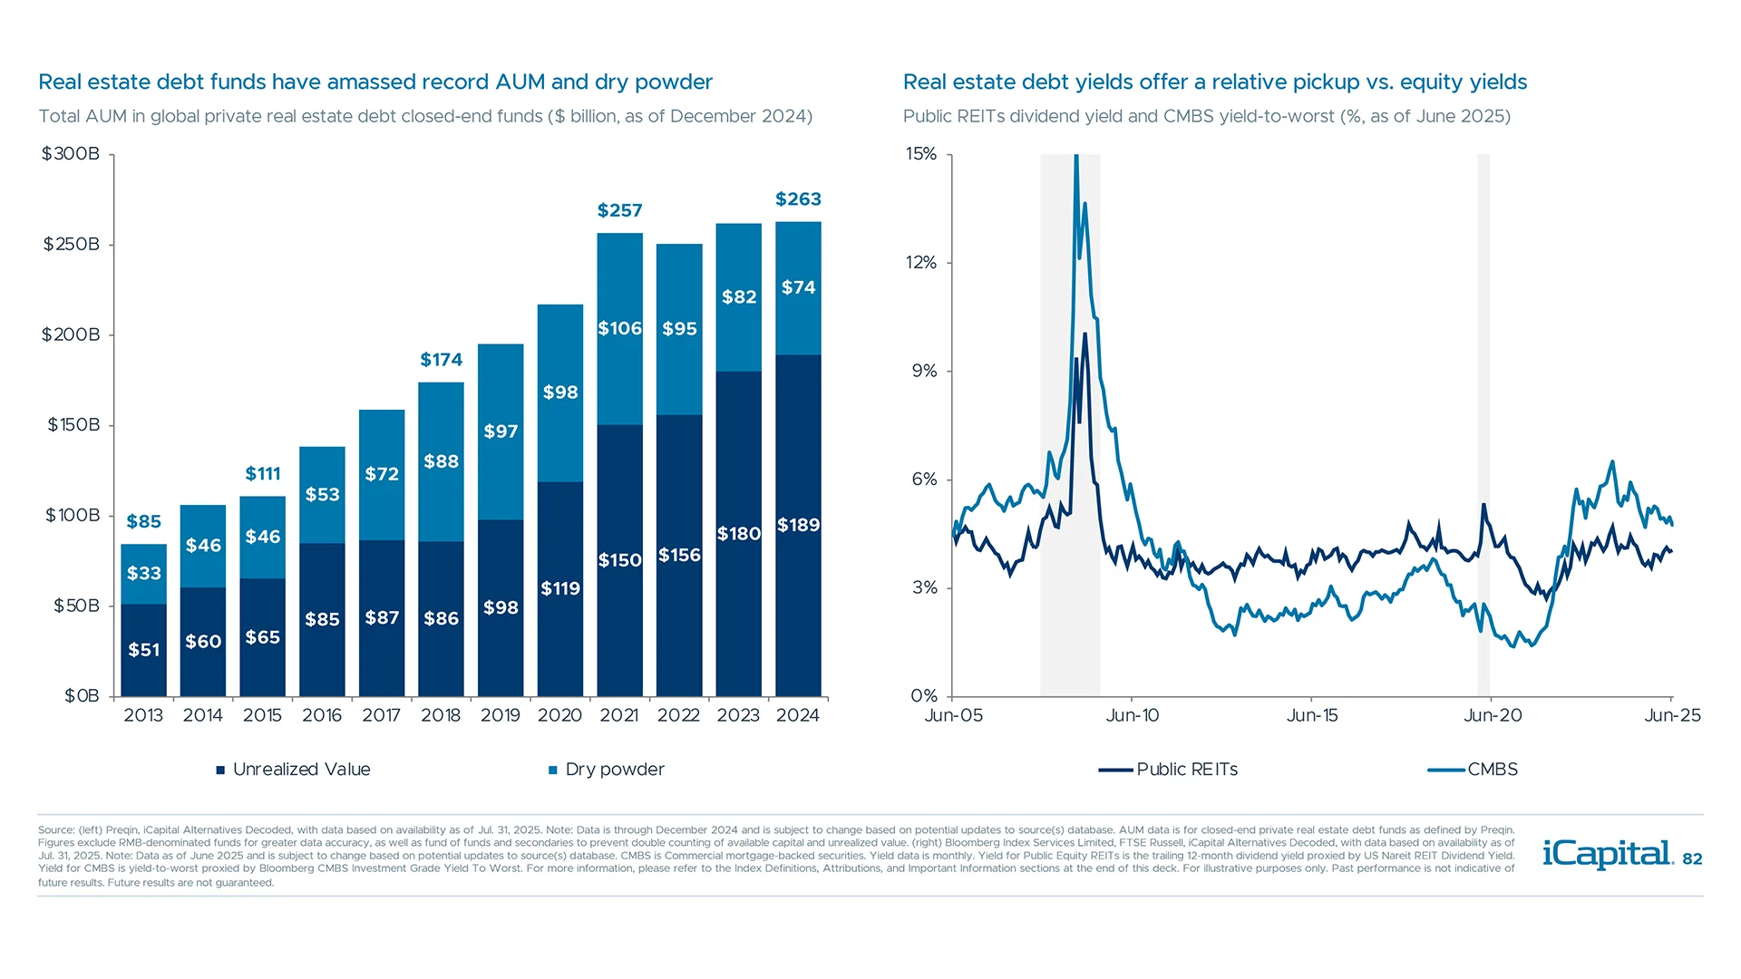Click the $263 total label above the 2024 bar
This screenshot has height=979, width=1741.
click(798, 199)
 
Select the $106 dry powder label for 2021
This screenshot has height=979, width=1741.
click(619, 328)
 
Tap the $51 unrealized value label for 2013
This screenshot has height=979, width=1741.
click(143, 650)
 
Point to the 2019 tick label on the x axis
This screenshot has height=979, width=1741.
click(501, 715)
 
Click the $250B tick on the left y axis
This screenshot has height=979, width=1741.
click(71, 245)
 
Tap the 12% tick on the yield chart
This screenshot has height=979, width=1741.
click(921, 263)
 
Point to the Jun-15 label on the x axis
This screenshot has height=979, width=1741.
click(1312, 715)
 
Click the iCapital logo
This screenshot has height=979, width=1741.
click(1607, 854)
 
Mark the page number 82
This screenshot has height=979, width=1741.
click(1692, 859)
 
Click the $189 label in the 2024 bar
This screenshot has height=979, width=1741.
click(798, 526)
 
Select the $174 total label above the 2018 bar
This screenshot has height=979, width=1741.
click(441, 360)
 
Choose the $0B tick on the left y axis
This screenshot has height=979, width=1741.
click(82, 696)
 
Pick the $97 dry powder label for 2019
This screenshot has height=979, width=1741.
click(501, 431)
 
